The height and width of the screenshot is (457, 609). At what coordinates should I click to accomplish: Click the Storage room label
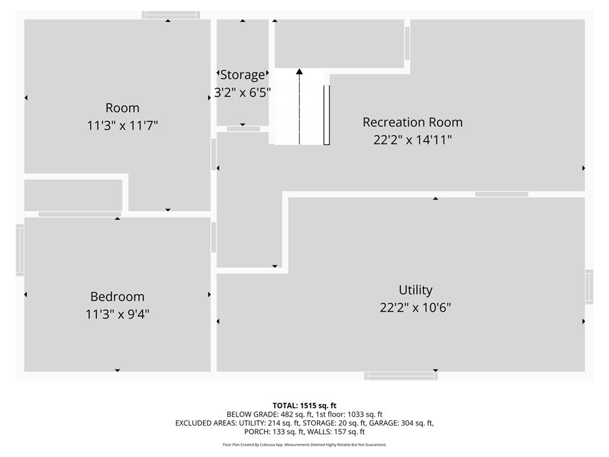pos(243,75)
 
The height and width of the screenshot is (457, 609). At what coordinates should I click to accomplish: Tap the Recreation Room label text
pos(413,122)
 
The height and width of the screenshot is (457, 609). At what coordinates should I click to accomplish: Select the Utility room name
pos(415,290)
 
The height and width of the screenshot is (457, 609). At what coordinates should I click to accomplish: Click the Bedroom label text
pos(117,296)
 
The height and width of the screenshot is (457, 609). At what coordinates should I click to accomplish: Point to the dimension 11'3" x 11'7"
pos(123,126)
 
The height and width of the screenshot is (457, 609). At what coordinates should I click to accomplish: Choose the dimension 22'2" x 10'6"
pos(415,308)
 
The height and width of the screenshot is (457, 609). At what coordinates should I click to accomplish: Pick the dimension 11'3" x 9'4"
pos(117,314)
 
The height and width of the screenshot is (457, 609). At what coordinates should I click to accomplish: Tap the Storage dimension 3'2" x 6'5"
pos(243,92)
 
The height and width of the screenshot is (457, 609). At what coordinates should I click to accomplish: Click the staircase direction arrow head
pos(299,72)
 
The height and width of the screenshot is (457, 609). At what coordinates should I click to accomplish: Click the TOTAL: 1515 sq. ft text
pos(304,406)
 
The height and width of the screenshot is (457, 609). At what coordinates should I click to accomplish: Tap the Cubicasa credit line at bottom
pos(304,445)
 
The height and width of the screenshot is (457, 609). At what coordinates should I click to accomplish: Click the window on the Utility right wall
pos(589,287)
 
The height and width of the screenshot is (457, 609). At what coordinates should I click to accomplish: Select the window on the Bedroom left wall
pos(20,250)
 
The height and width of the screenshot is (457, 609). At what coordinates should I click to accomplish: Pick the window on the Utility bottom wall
pos(401,375)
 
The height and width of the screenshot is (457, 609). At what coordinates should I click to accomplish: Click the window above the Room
pos(171,15)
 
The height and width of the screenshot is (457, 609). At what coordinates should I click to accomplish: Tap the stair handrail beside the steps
pos(327,115)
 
